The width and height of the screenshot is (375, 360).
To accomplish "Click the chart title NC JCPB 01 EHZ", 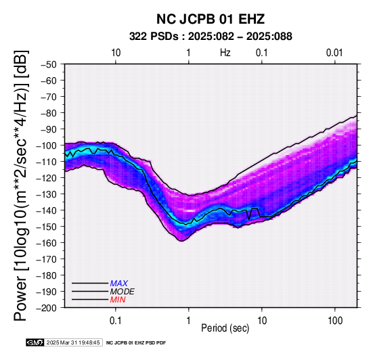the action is (x=211, y=19).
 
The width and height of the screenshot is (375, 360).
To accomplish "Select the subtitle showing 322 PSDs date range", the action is (x=211, y=37).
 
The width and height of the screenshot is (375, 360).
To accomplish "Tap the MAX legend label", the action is (x=119, y=284).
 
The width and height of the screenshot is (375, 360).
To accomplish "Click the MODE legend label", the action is (x=123, y=292).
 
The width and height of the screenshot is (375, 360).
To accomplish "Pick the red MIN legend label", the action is (x=118, y=300).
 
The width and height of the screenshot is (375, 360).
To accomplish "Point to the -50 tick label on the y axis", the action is (x=49, y=64).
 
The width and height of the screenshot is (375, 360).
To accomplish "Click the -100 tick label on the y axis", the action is (x=47, y=145).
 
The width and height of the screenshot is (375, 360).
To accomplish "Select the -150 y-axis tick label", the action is (x=47, y=227).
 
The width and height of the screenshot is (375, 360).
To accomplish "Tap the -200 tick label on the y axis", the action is (x=47, y=308).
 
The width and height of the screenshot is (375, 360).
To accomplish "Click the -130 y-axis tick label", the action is (x=47, y=194).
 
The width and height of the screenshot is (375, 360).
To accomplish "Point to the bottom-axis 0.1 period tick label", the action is (x=116, y=321).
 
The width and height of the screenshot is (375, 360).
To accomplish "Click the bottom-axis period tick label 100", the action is (x=335, y=321).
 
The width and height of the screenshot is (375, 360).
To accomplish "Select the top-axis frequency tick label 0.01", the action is (x=334, y=53).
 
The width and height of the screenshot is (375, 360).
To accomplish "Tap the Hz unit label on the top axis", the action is (x=225, y=53).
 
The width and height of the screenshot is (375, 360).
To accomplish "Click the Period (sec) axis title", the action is (x=225, y=328).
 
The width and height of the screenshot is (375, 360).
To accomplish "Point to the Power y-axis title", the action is (x=21, y=185).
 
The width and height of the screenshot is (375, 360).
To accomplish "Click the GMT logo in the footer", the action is (x=35, y=342).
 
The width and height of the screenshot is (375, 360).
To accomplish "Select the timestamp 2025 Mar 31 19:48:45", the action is (x=73, y=342).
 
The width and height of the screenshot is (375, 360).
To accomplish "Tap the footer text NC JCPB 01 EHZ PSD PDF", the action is (x=136, y=343).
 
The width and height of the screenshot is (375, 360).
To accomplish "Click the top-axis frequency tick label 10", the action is (x=116, y=53).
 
